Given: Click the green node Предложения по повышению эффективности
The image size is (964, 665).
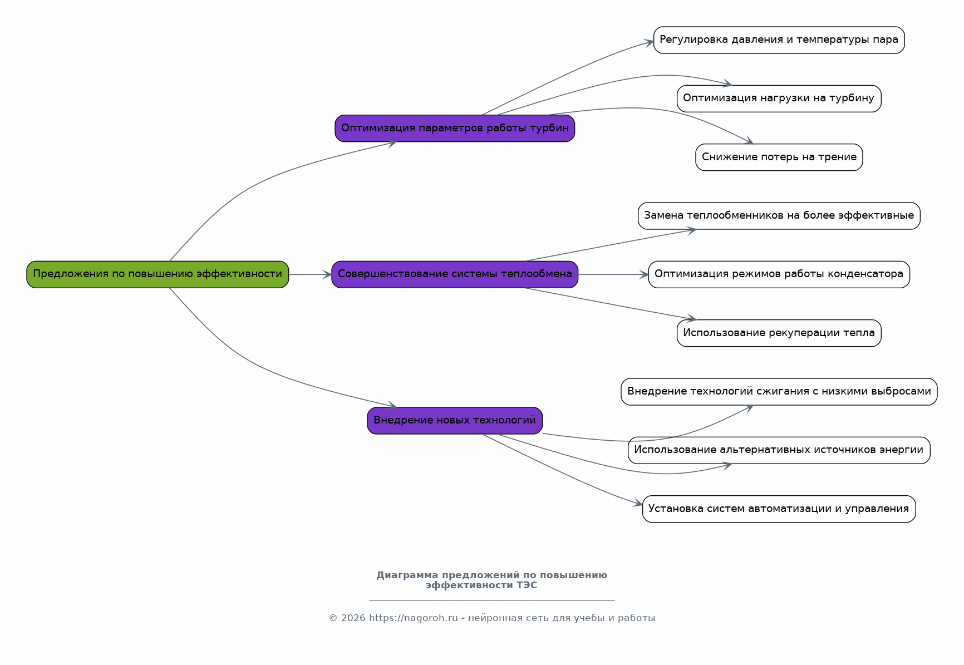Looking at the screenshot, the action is tap(158, 274).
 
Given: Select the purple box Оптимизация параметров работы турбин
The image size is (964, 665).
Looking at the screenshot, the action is tap(455, 128).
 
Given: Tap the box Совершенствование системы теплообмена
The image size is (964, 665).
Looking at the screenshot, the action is tap(455, 274).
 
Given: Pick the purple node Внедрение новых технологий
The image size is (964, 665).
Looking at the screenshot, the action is tap(455, 421).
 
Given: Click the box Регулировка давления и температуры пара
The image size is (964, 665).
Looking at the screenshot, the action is tap(779, 40).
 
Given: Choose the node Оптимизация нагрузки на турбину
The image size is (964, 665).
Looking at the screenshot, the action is tap(779, 98).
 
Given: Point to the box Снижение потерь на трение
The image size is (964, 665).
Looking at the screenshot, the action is tap(779, 157).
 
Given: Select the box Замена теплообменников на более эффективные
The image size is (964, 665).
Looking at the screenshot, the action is tap(779, 216).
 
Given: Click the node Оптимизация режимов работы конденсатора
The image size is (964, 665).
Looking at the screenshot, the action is tap(779, 274).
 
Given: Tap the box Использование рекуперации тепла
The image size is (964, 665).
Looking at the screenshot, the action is tap(779, 333).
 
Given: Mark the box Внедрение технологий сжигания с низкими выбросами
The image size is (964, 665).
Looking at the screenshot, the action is tap(779, 392).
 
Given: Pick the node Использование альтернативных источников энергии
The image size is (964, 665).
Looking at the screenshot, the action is tap(779, 450).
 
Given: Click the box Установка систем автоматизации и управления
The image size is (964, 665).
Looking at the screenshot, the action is tap(779, 509).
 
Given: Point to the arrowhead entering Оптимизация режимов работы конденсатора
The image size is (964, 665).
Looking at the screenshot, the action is tap(644, 274).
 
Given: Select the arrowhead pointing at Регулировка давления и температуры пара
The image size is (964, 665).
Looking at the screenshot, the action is tap(649, 42).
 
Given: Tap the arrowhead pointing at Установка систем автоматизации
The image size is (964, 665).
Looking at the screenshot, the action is tap(638, 504).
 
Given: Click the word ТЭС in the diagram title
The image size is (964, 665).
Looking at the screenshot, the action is tap(527, 585).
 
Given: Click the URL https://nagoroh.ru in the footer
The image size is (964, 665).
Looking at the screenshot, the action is tap(414, 618).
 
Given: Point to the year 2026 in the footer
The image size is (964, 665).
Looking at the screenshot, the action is tap(353, 618).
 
